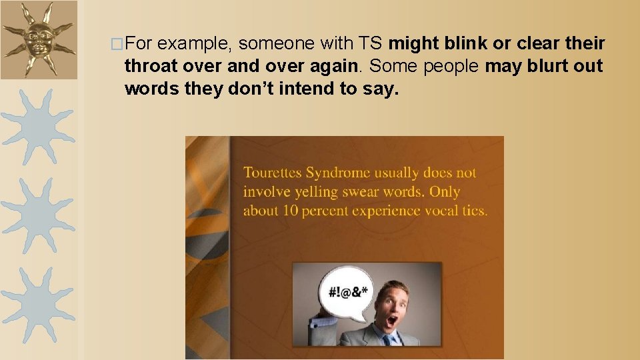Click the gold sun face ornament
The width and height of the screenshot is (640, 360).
[37, 39]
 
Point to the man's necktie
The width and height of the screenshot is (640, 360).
[387, 340]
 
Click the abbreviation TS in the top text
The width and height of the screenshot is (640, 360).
[370, 44]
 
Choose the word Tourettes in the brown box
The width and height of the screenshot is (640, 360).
[272, 173]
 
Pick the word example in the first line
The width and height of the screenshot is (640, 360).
[195, 44]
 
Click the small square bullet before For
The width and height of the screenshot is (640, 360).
[117, 45]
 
